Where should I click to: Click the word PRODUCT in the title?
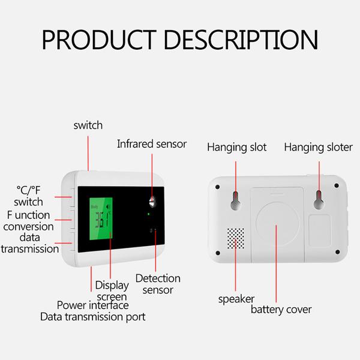point(103,40)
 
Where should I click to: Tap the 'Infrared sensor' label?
point(152,144)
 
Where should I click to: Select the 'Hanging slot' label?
point(236,147)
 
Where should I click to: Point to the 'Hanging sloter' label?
point(319,147)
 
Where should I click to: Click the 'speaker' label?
point(236,298)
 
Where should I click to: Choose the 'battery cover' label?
point(281,310)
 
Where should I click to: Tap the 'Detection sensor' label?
point(157,284)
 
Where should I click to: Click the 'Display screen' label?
point(111,290)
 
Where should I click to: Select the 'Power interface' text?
point(92,305)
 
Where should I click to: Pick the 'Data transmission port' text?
point(92,316)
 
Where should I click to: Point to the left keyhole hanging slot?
point(236,201)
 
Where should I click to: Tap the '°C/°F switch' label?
point(29,196)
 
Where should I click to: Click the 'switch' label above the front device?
point(88,125)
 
